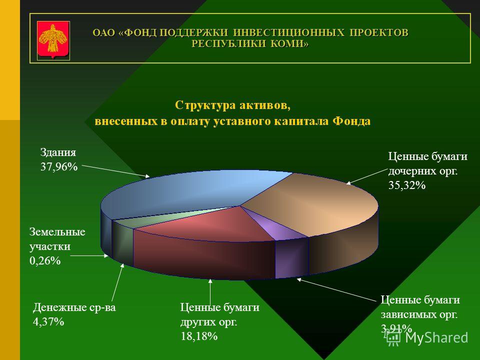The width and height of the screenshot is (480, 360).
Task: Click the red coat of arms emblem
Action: pyautogui.click(x=53, y=40)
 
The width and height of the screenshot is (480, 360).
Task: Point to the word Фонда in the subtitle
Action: pyautogui.click(x=351, y=121)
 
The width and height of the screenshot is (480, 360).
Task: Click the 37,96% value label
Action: pyautogui.click(x=59, y=167)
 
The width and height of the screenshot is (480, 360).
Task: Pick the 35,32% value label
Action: pyautogui.click(x=407, y=185)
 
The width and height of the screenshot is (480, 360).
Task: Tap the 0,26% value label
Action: pyautogui.click(x=45, y=261)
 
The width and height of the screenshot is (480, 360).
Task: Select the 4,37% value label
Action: pyautogui.click(x=48, y=321)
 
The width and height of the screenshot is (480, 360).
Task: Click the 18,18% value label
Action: pyautogui.click(x=199, y=336)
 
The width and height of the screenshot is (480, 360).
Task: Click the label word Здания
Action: pyautogui.click(x=58, y=152)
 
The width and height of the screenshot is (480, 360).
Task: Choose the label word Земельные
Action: pyautogui.click(x=57, y=231)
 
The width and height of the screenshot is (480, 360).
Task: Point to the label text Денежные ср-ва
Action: pyautogui.click(x=74, y=307)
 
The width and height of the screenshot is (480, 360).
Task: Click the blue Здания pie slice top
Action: pyautogui.click(x=183, y=193)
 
